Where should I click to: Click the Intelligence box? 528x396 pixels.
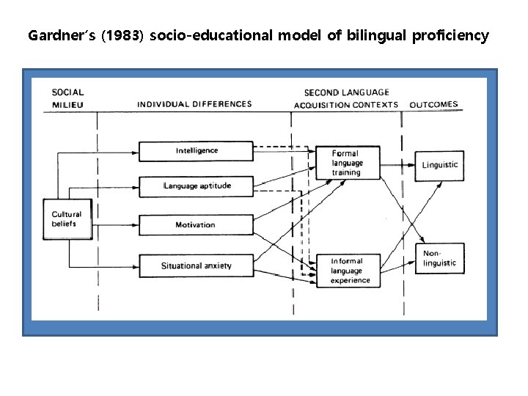coord(197,151)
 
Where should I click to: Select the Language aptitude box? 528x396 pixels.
coord(197,186)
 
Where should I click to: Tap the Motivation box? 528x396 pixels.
coord(197,225)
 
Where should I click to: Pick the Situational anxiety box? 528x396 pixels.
coord(197,265)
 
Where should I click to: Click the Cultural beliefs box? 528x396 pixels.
coord(68,219)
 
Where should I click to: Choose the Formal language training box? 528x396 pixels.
coord(348,163)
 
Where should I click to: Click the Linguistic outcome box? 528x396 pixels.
coord(439,165)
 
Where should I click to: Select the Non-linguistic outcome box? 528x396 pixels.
coord(439,258)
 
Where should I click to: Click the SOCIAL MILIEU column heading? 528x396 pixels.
coord(67,98)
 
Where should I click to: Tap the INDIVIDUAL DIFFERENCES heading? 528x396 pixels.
coord(194,104)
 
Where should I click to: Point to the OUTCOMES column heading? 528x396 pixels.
coord(434,104)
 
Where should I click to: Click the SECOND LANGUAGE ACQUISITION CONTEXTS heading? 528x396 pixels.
coord(346,99)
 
